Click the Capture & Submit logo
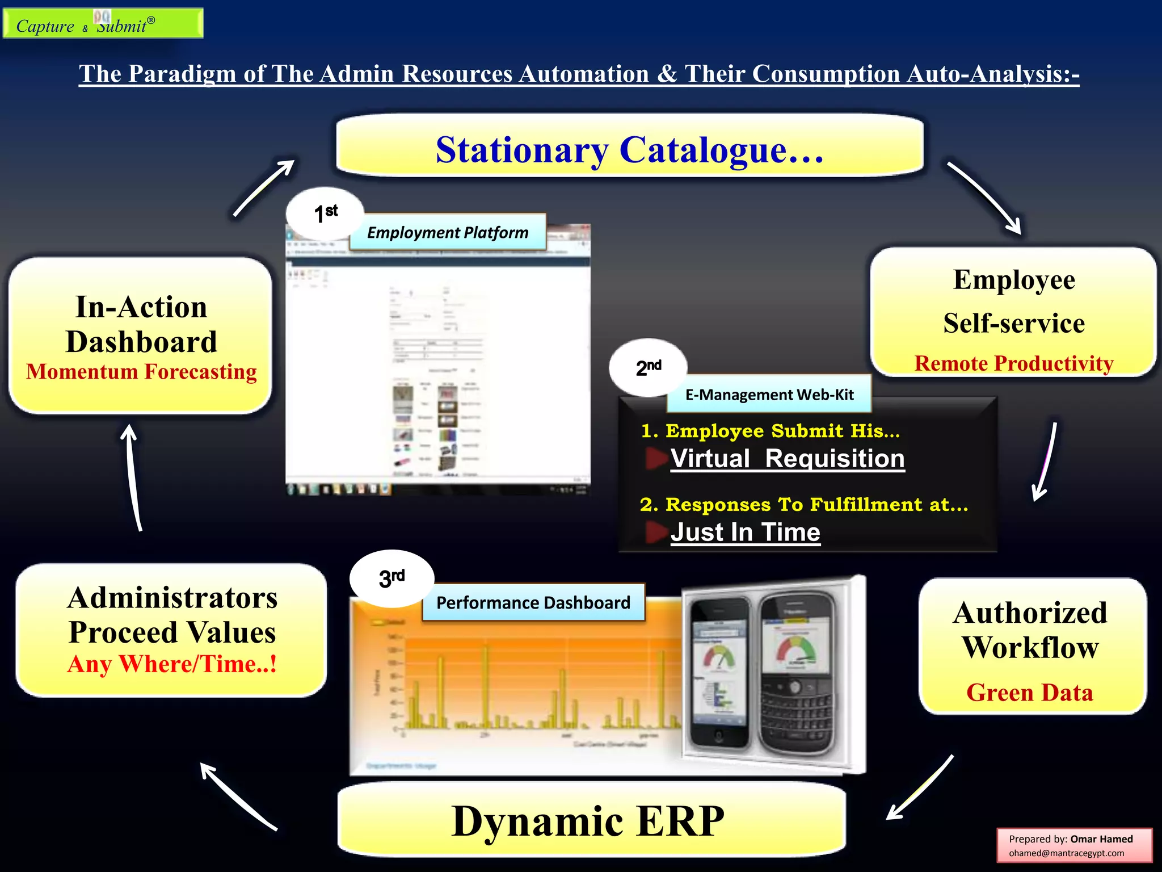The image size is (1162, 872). (x=103, y=24)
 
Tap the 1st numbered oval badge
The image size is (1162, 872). (x=325, y=214)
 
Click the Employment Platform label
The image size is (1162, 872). (x=448, y=233)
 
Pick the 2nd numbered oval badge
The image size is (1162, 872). (x=648, y=368)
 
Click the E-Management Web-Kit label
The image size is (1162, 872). (x=769, y=395)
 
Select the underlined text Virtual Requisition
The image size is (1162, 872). (x=787, y=459)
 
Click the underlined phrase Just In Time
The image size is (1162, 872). (x=745, y=533)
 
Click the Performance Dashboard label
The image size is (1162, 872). (x=533, y=602)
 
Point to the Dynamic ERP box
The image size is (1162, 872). (x=590, y=821)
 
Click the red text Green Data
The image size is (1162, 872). (x=1029, y=693)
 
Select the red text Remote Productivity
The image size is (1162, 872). (x=1014, y=363)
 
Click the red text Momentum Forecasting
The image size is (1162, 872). (x=141, y=372)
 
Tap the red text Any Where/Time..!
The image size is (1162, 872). (x=172, y=664)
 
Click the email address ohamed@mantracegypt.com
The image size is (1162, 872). (x=1066, y=853)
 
